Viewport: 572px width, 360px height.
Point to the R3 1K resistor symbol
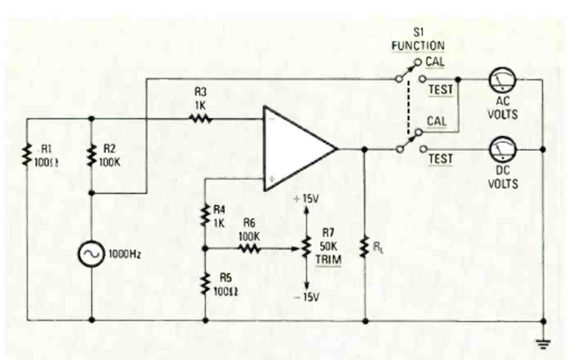click(x=202, y=119)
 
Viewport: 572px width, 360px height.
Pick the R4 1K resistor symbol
click(x=205, y=214)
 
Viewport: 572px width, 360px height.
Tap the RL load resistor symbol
click(x=365, y=247)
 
